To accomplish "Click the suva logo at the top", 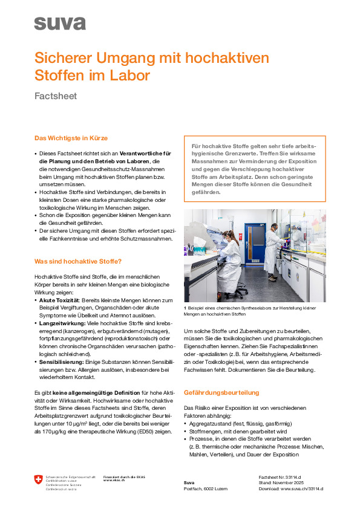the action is click(60, 24).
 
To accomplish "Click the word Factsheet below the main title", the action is click(56, 96).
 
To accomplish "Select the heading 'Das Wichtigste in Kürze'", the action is click(71, 138).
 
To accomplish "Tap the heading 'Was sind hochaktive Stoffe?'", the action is click(78, 261).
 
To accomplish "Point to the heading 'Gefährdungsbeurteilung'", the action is click(221, 392).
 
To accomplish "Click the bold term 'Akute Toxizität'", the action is click(60, 300).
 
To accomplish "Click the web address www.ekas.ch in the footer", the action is click(115, 480).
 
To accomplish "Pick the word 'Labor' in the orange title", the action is click(128, 76).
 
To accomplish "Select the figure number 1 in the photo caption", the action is click(185, 308).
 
